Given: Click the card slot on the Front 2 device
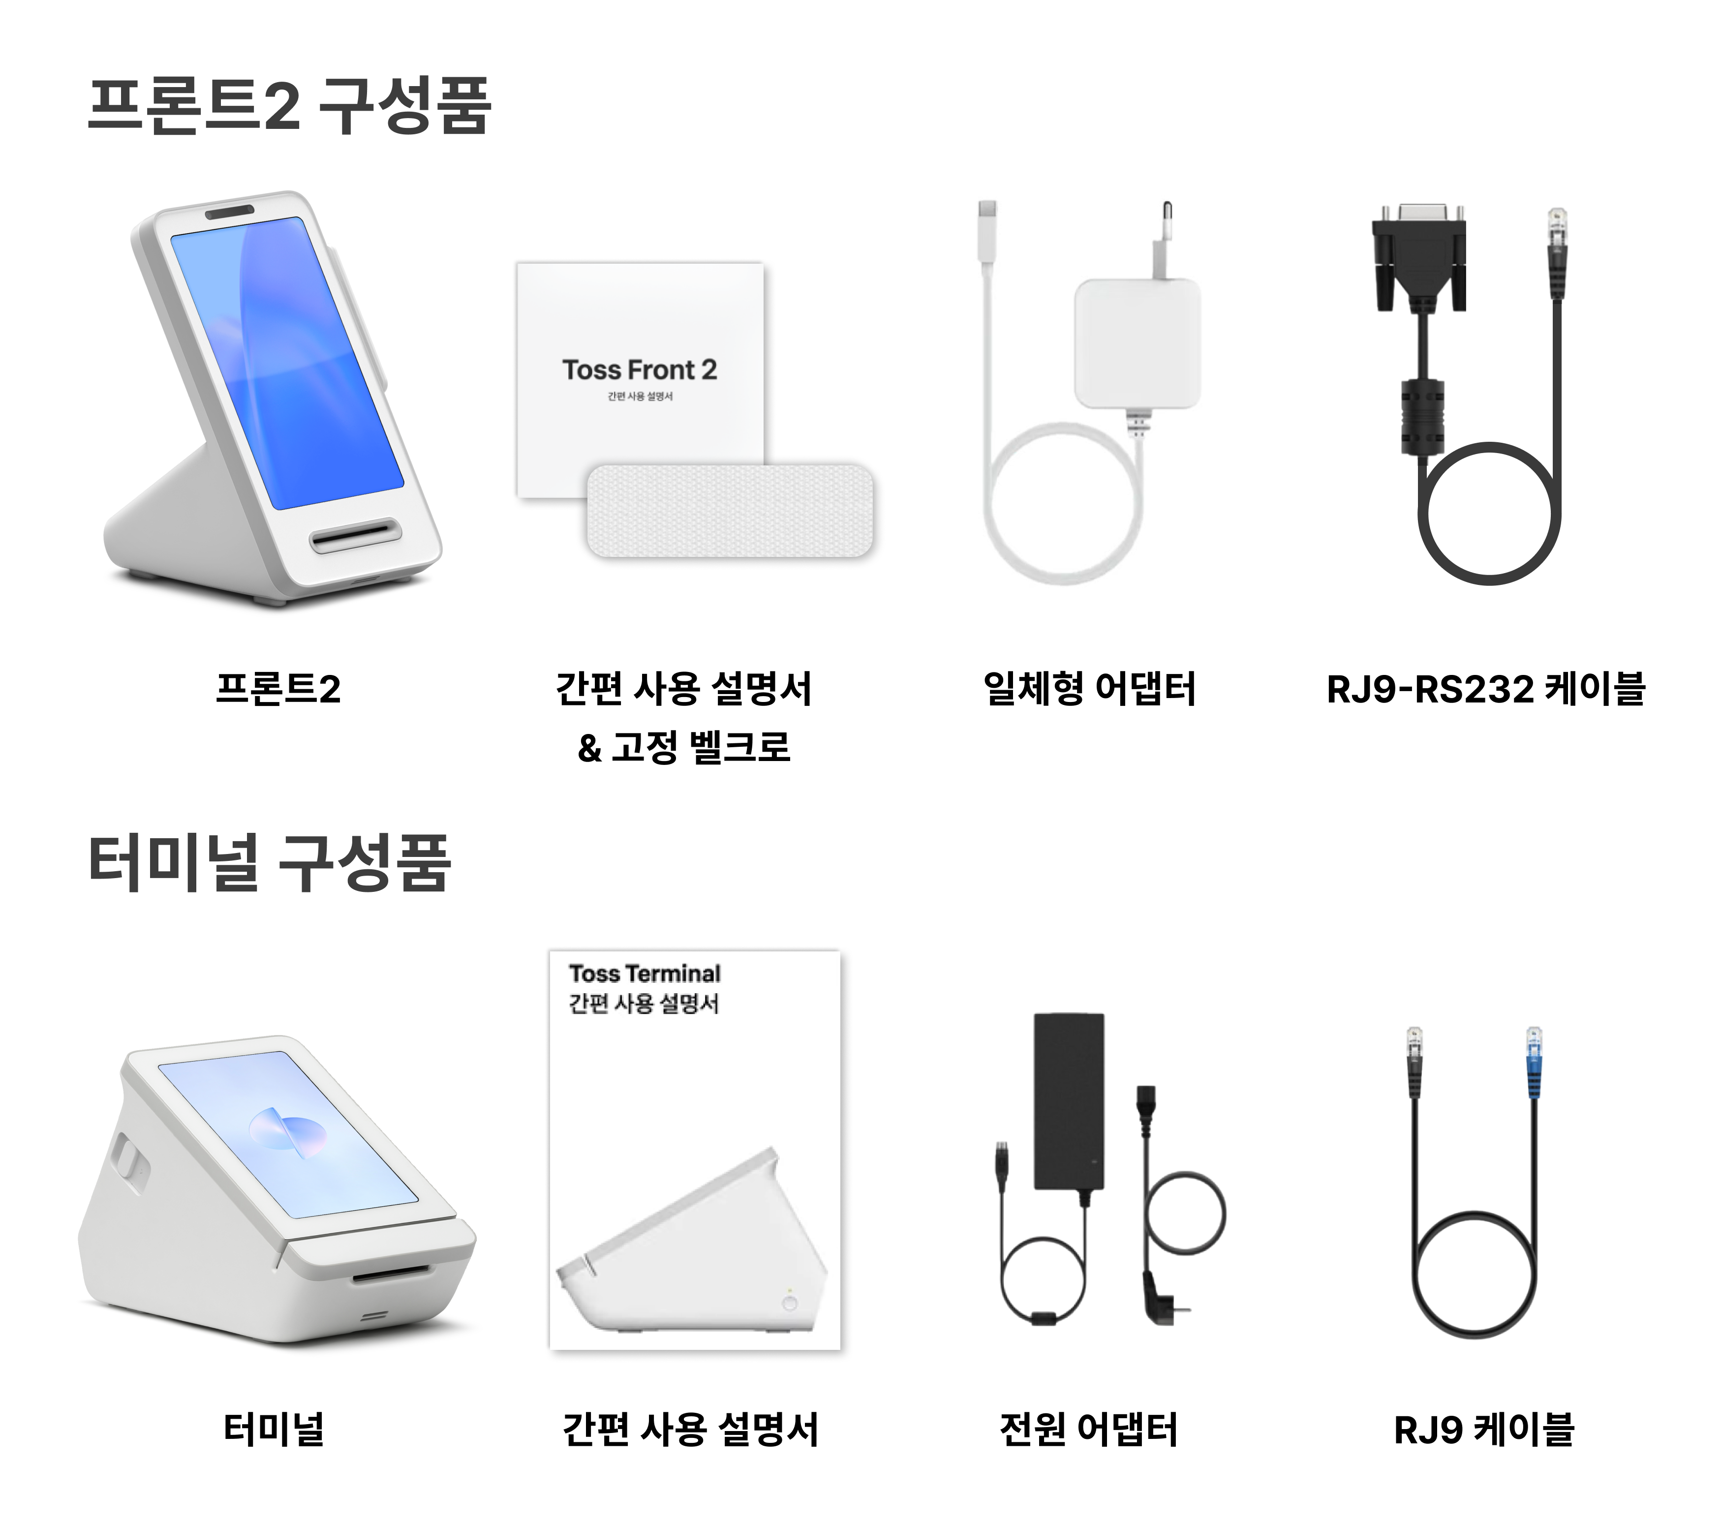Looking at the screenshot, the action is (x=355, y=535).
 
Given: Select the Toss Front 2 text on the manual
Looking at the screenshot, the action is (x=640, y=370).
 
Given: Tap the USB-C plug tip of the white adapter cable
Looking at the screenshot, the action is (x=987, y=219).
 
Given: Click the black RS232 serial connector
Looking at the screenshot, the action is (x=1419, y=257).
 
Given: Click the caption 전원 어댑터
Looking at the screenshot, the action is (x=1088, y=1429).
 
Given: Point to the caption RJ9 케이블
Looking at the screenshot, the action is (x=1484, y=1429).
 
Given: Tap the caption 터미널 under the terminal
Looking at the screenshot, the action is (x=274, y=1429).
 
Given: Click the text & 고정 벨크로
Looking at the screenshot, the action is (x=684, y=746).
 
